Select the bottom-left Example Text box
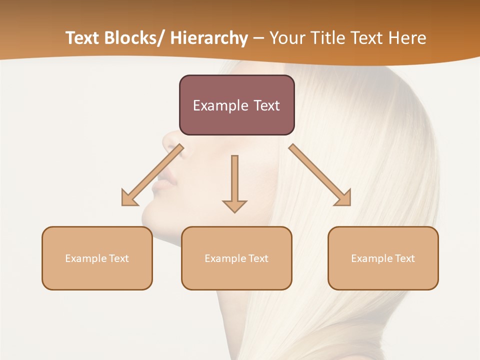pyautogui.click(x=97, y=258)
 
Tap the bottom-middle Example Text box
pyautogui.click(x=236, y=258)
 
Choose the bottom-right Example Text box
pyautogui.click(x=383, y=258)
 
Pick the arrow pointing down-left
pyautogui.click(x=152, y=175)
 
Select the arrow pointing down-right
pyautogui.click(x=320, y=175)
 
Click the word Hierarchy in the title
pyautogui.click(x=209, y=38)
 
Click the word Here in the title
pyautogui.click(x=408, y=38)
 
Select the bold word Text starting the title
pyautogui.click(x=83, y=38)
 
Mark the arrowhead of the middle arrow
pyautogui.click(x=234, y=205)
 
